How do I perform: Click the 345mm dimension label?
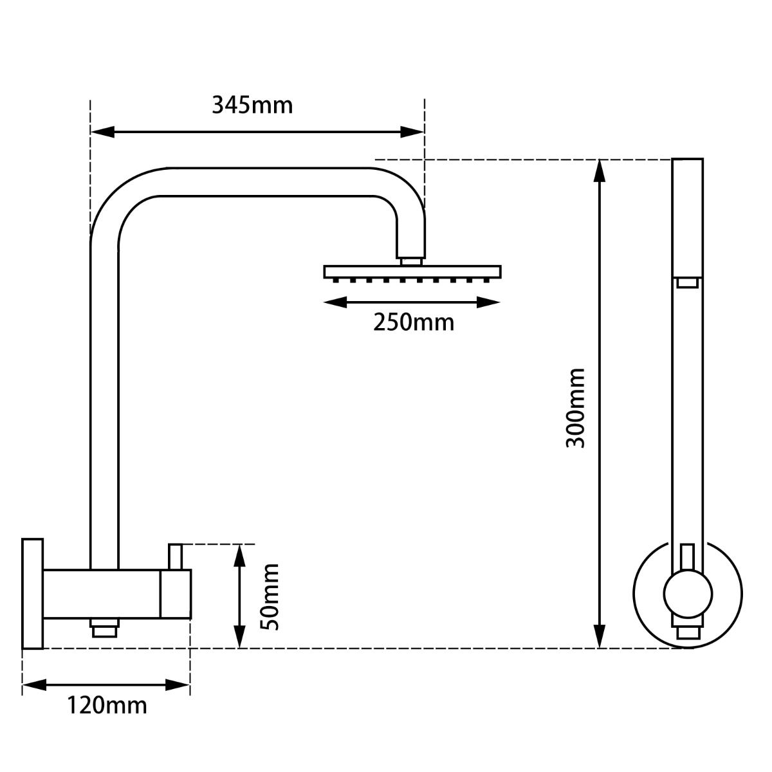pyautogui.click(x=252, y=105)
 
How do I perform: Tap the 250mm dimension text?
pyautogui.click(x=414, y=322)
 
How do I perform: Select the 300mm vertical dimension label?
pyautogui.click(x=575, y=408)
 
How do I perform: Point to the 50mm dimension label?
pyautogui.click(x=269, y=596)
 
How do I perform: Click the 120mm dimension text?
pyautogui.click(x=107, y=706)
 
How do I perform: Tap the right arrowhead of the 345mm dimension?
pyautogui.click(x=412, y=132)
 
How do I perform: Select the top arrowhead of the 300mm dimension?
pyautogui.click(x=600, y=170)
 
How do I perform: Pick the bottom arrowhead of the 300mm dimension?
pyautogui.click(x=600, y=636)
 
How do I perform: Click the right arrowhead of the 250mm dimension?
pyautogui.click(x=489, y=302)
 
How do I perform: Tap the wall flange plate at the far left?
pyautogui.click(x=32, y=593)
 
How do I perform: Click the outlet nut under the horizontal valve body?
pyautogui.click(x=105, y=627)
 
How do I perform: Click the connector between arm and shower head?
pyautogui.click(x=411, y=261)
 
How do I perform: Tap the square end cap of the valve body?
pyautogui.click(x=176, y=594)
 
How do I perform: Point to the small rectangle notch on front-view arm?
pyautogui.click(x=688, y=282)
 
